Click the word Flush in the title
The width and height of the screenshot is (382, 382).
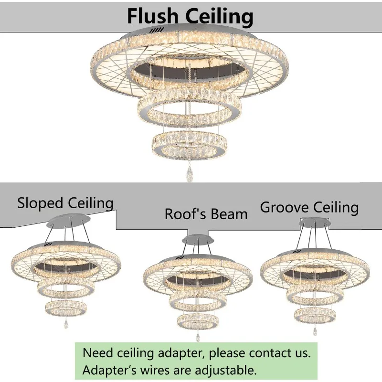pos(154,16)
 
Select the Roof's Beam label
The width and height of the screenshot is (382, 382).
pos(206,213)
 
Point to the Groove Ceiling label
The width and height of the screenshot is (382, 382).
pos(309,207)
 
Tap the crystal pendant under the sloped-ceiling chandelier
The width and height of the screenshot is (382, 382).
pos(65,325)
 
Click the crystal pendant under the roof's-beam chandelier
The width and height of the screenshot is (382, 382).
pos(197,336)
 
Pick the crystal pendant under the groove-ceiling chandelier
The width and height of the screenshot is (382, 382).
pos(315,330)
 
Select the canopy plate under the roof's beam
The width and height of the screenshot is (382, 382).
pos(198,239)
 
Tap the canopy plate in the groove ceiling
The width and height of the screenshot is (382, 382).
pos(315,222)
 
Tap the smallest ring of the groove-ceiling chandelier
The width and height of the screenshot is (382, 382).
pos(314,314)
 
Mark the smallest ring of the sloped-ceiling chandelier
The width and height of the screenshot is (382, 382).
pos(65,308)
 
